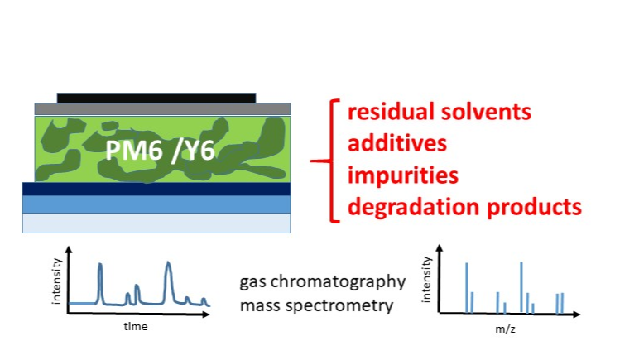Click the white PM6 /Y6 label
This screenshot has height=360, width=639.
160,151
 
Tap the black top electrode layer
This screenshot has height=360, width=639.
156,98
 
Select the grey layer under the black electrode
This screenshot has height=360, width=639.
162,108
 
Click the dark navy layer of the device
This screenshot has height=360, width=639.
156,189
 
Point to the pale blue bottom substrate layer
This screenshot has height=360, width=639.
156,223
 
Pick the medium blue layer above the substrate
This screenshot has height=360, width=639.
156,204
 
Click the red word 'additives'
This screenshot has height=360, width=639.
397,143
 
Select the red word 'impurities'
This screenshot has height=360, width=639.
403,176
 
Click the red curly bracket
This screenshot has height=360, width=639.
330,161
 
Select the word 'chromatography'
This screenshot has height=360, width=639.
338,282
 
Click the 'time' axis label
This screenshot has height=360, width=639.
136,326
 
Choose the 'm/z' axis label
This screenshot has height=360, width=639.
506,329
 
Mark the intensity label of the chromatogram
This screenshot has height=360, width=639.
56,281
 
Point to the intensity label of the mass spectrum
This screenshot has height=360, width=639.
426,280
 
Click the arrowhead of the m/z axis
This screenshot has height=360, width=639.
576,314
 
